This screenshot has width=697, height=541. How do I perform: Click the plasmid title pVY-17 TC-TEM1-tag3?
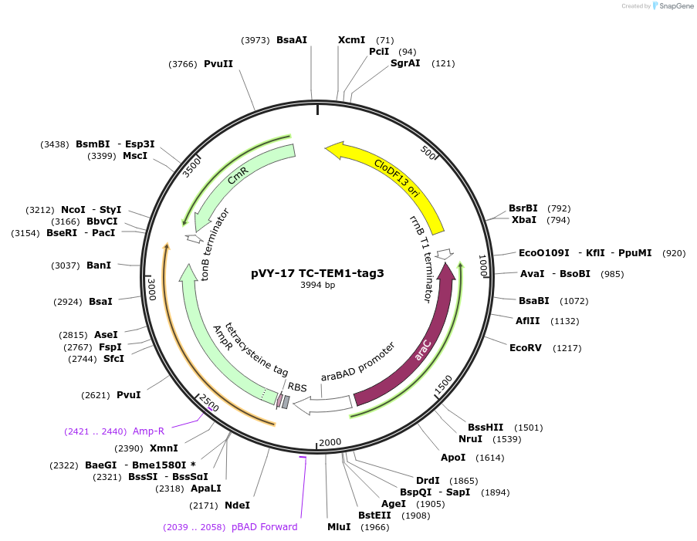(x=317, y=272)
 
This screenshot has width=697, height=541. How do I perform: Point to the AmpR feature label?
(x=223, y=338)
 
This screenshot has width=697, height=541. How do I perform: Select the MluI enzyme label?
(x=339, y=527)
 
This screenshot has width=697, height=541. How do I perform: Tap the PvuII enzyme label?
(x=218, y=64)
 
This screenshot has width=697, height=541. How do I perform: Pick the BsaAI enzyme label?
(x=292, y=40)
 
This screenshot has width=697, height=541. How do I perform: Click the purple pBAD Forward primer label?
(x=264, y=527)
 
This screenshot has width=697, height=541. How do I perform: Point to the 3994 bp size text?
(x=317, y=285)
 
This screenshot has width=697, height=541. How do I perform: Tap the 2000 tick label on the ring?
(x=330, y=442)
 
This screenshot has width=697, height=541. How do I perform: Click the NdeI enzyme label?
(x=237, y=505)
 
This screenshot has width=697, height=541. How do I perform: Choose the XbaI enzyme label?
(x=524, y=220)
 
